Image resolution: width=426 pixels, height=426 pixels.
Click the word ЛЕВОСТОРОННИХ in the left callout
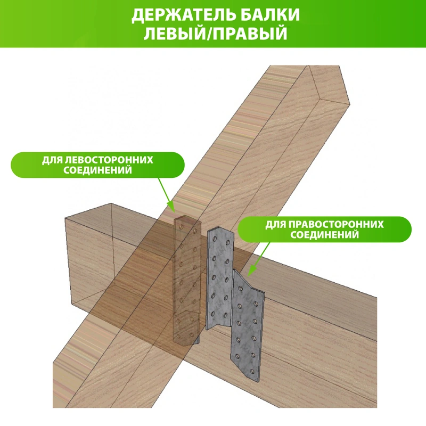[x=109, y=160]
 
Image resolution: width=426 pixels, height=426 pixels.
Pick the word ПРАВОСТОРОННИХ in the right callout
[x=336, y=225]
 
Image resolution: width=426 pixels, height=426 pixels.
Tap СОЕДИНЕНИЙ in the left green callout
[x=97, y=170]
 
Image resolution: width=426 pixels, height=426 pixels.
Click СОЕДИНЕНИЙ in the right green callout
[x=325, y=235]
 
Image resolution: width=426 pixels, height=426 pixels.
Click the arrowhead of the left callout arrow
[x=171, y=207]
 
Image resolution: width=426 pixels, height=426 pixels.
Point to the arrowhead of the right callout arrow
[x=250, y=271]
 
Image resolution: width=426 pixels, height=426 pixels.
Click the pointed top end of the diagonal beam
[x=310, y=66]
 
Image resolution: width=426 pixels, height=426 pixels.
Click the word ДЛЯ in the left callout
[x=52, y=160]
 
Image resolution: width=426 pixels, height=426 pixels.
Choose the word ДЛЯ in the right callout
[x=275, y=225]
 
